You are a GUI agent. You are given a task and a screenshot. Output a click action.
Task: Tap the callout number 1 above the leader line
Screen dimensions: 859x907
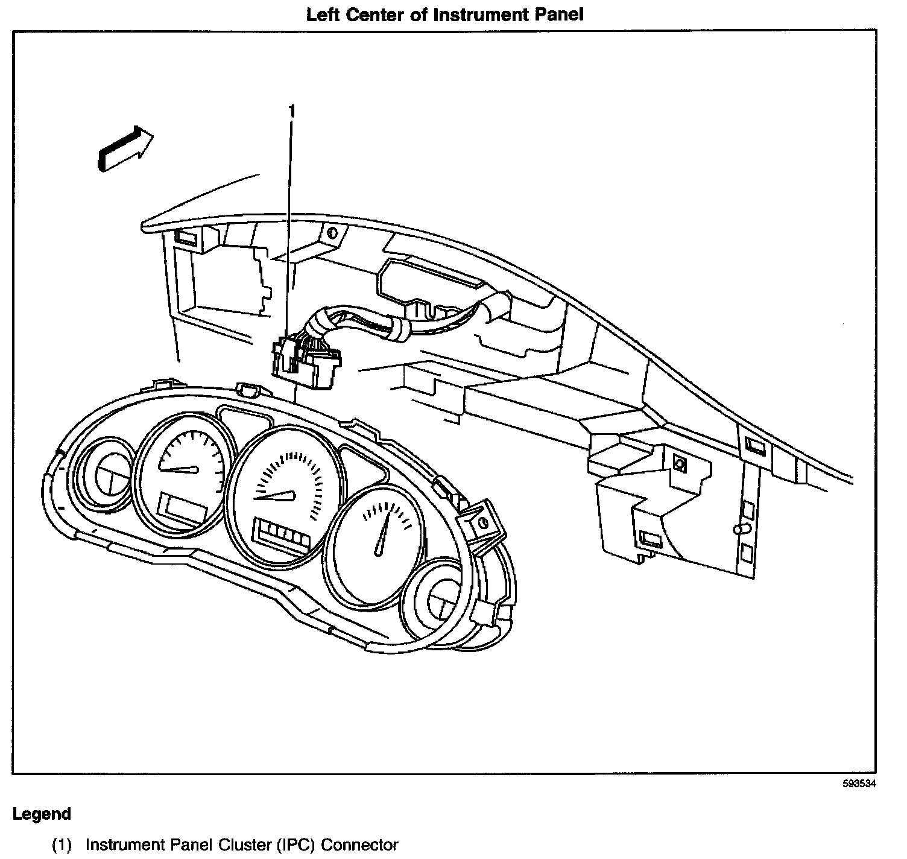292,112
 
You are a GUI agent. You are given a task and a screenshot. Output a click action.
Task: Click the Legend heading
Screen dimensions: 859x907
42,814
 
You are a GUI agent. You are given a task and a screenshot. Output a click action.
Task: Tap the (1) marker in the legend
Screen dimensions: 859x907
62,845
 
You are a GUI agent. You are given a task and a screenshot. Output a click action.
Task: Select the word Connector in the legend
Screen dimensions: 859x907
359,845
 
